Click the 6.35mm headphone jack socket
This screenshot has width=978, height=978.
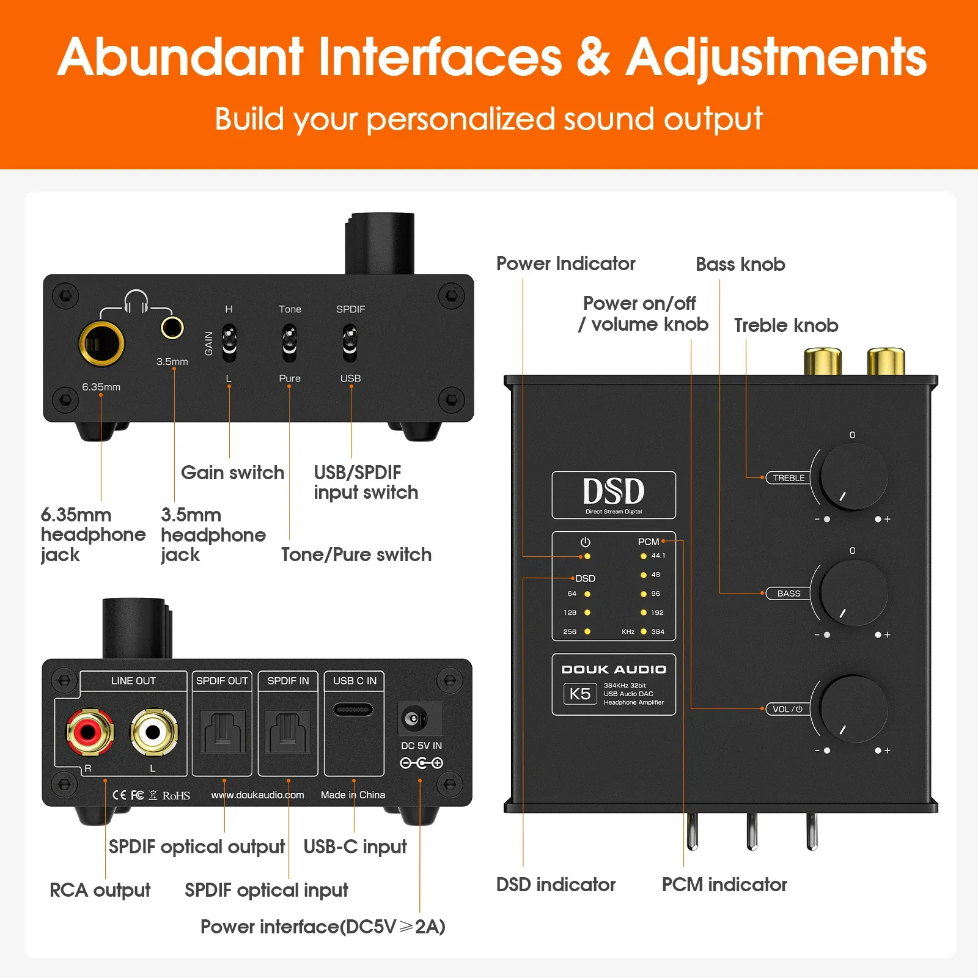click(x=101, y=344)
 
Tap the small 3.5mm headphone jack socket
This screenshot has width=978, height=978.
click(x=172, y=328)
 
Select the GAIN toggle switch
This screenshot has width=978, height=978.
click(x=229, y=342)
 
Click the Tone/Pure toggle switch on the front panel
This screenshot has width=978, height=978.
click(x=289, y=342)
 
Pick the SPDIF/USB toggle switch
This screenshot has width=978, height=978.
click(x=350, y=342)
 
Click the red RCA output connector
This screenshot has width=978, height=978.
click(x=89, y=731)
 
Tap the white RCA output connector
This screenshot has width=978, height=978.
click(x=153, y=731)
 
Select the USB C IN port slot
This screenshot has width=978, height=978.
click(x=353, y=710)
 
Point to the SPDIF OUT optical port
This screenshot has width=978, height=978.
click(x=222, y=732)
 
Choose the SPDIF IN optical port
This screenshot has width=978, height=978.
click(x=288, y=732)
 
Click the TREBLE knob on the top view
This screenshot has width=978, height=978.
click(x=853, y=477)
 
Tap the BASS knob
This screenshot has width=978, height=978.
click(x=853, y=593)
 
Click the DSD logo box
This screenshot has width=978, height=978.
click(x=614, y=495)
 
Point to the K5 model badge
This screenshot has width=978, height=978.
click(x=579, y=694)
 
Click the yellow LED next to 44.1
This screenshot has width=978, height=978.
click(x=643, y=556)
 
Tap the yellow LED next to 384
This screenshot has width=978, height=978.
click(x=643, y=631)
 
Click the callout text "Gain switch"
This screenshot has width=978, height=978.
click(x=233, y=472)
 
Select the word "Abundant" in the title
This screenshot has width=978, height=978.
click(x=180, y=57)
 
